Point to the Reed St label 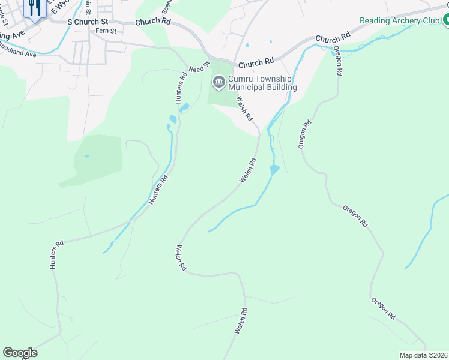click(199, 66)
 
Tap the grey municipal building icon click(218, 82)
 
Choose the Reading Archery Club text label click(399, 20)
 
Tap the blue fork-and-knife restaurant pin click(34, 7)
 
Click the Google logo click(20, 353)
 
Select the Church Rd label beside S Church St click(153, 22)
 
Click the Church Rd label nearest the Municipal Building click(256, 63)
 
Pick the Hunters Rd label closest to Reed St click(184, 88)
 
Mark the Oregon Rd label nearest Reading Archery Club click(337, 61)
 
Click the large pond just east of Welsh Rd click(274, 170)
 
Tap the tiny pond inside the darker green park click(88, 156)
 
